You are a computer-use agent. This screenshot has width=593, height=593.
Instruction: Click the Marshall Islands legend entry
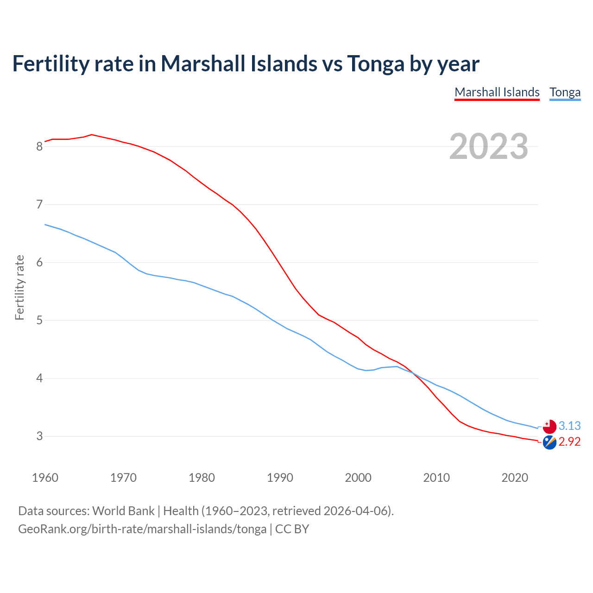(x=497, y=92)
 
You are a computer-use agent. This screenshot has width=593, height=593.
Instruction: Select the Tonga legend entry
(x=565, y=92)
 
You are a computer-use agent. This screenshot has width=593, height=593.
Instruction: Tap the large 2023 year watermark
(x=489, y=146)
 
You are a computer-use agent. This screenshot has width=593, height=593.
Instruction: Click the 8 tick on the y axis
(x=39, y=147)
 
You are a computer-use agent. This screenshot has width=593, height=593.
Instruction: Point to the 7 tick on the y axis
(x=39, y=205)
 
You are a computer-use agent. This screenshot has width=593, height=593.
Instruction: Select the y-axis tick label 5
(x=39, y=321)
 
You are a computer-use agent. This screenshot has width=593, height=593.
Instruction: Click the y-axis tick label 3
(x=39, y=436)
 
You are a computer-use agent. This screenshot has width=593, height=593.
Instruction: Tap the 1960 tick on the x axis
(x=45, y=478)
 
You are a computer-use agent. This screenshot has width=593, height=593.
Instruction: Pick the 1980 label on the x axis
(x=202, y=478)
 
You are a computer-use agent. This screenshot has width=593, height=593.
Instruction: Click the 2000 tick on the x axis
(x=358, y=478)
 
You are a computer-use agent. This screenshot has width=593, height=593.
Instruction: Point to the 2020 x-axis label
(x=515, y=478)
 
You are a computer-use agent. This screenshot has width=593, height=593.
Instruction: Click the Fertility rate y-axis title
(x=19, y=287)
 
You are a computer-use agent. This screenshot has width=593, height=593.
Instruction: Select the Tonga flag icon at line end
(x=549, y=426)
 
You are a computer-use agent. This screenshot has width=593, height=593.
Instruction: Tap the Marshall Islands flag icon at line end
(x=549, y=442)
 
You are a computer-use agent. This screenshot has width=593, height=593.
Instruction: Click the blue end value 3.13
(x=569, y=426)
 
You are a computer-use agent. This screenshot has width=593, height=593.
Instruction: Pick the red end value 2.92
(x=569, y=442)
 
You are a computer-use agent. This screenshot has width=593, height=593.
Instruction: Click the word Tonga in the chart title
(x=375, y=63)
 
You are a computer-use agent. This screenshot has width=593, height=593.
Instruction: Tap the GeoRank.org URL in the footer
(x=142, y=529)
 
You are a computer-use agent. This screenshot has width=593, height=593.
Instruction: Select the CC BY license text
(x=292, y=529)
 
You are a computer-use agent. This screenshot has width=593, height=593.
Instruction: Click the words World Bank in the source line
(x=123, y=511)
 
